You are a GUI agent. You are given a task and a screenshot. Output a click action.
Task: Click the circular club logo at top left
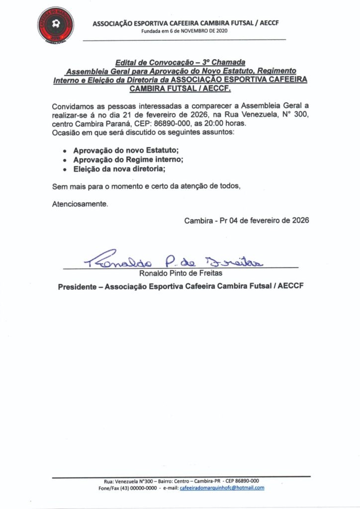tap(56, 24)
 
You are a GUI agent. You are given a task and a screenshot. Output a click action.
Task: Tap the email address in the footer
tap(222, 488)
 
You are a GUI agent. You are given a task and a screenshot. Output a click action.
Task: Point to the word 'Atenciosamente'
tap(80, 203)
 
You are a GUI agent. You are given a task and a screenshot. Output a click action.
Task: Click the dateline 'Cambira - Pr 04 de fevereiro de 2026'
tap(247, 221)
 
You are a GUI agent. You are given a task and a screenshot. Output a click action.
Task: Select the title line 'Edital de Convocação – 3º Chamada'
tap(180, 63)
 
